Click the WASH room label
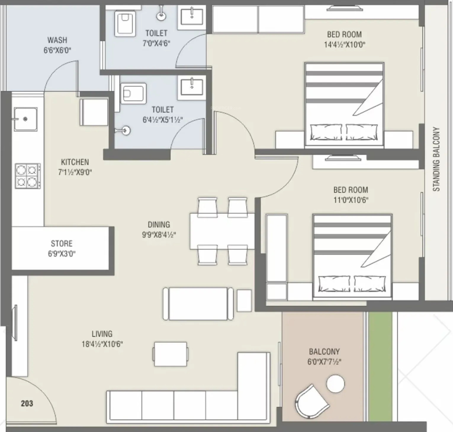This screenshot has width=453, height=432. tap(57, 40)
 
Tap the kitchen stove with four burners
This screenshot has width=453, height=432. tap(28, 176)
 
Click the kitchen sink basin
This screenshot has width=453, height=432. tap(25, 119)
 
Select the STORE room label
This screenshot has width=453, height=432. tap(62, 244)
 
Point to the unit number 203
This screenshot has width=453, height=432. tap(27, 403)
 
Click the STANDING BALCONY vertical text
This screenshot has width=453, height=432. tap(436, 159)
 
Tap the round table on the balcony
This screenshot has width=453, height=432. tap(335, 384)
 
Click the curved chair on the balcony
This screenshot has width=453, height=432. tap(311, 402)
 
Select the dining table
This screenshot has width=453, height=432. tap(222, 231)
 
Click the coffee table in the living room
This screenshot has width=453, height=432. tap(171, 354)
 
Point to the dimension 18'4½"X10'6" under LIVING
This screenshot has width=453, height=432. tap(102, 344)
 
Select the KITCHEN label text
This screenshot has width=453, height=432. tap(75, 162)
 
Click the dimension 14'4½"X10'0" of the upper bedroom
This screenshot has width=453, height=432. tap(345, 45)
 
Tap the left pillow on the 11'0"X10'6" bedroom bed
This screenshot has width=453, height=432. tap(334, 284)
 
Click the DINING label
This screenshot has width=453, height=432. tap(159, 225)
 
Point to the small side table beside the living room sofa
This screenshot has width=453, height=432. tap(244, 300)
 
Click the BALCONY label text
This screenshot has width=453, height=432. tap(324, 352)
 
